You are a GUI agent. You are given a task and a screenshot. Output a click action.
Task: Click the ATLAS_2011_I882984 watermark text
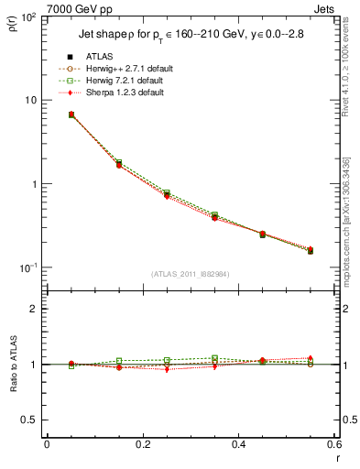pos(191,274)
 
